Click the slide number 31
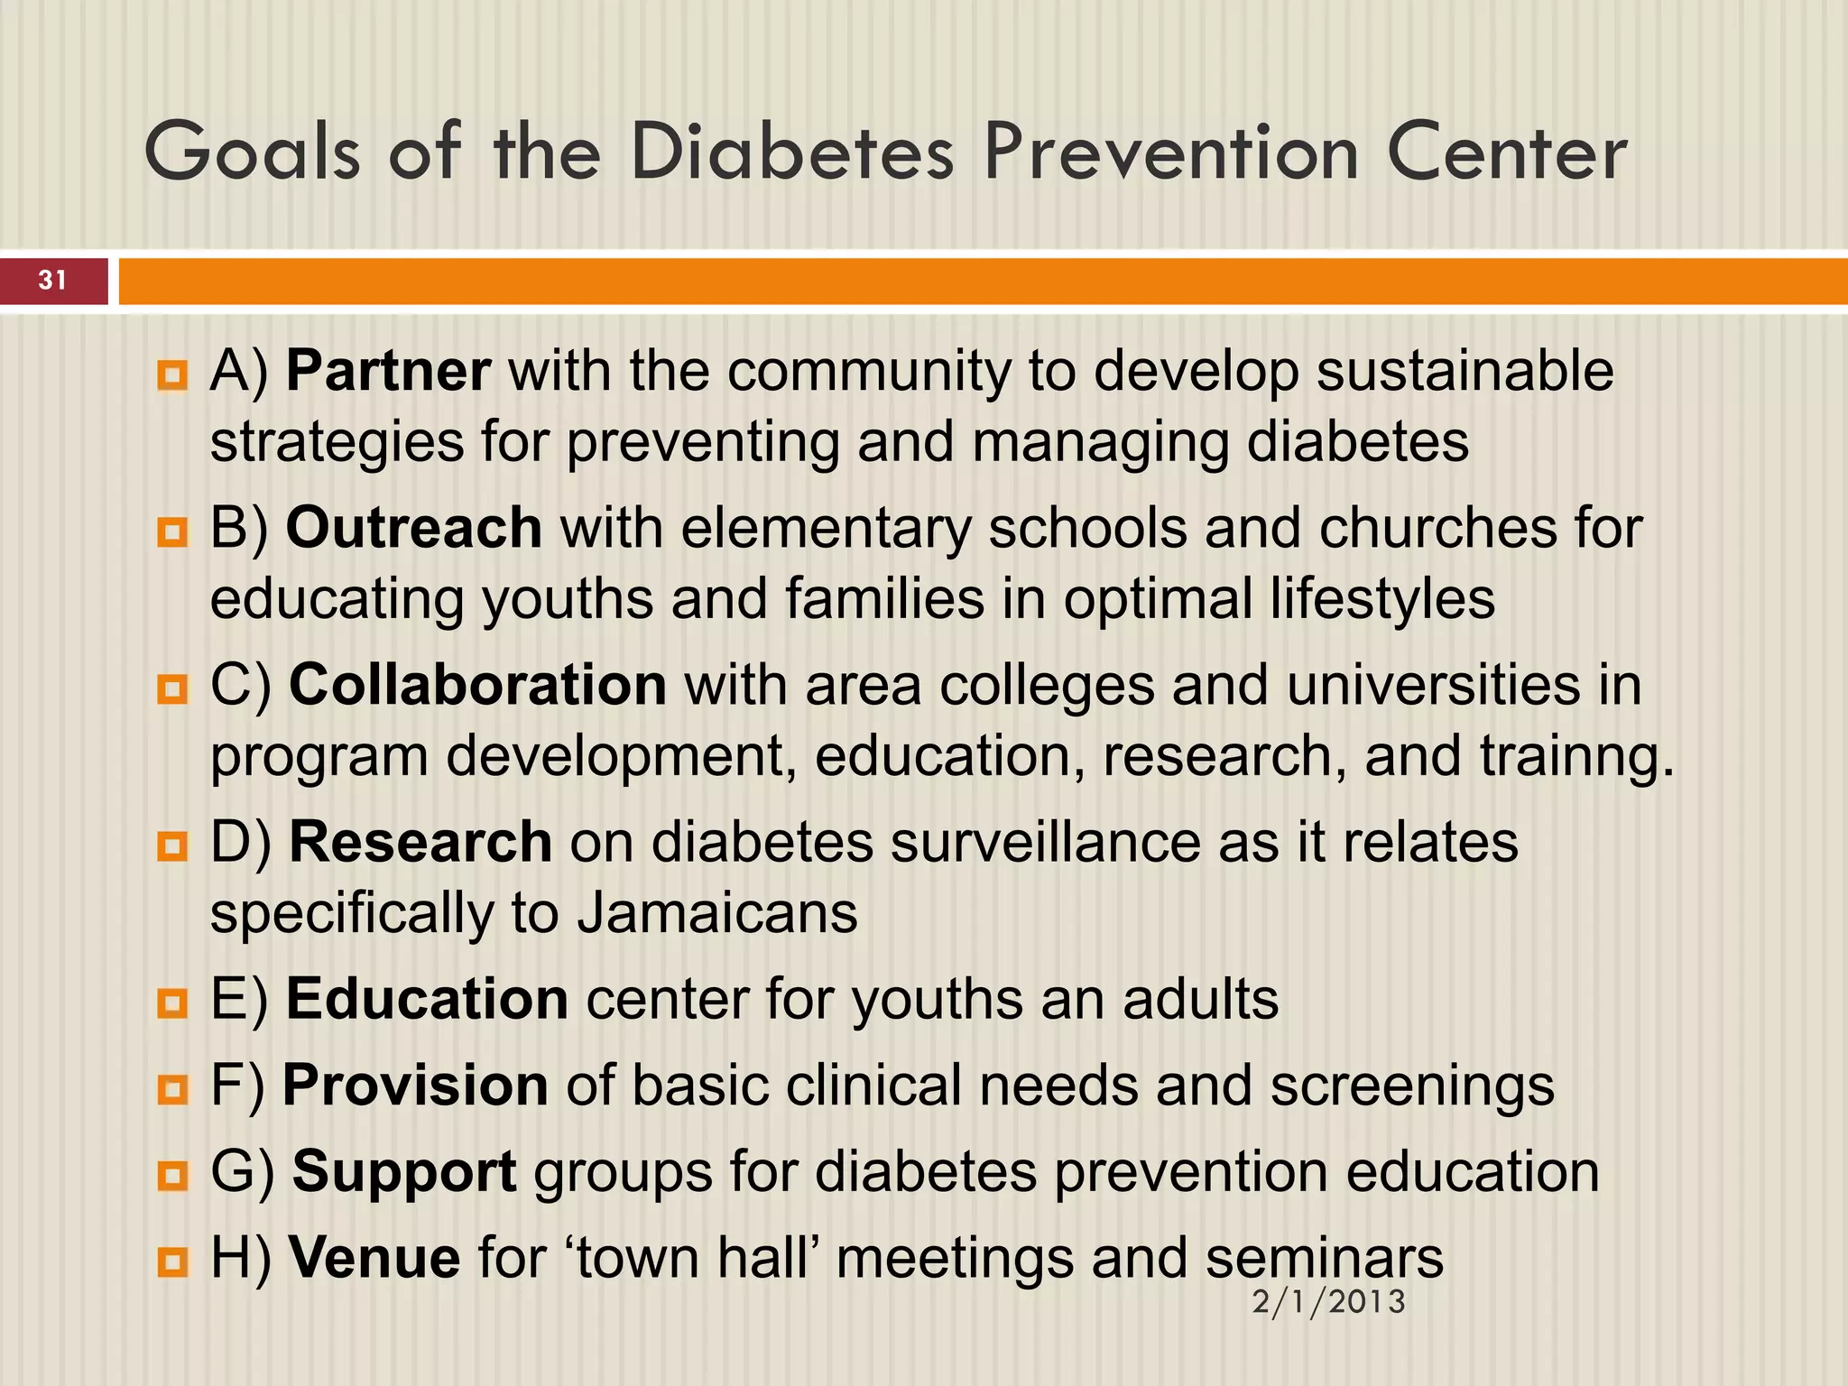[x=52, y=281]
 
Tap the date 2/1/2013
[x=1328, y=1302]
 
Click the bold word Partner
[x=388, y=371]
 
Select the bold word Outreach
[x=413, y=528]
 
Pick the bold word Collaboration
[x=477, y=685]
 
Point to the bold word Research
[x=420, y=842]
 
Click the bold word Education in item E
[x=427, y=999]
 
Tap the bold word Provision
[x=415, y=1085]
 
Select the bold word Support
[x=404, y=1171]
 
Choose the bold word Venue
[x=374, y=1257]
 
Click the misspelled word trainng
[x=1575, y=756]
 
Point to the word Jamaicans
[x=716, y=913]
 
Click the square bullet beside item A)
[x=171, y=374]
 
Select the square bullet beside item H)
[x=171, y=1261]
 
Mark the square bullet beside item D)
[x=171, y=845]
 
